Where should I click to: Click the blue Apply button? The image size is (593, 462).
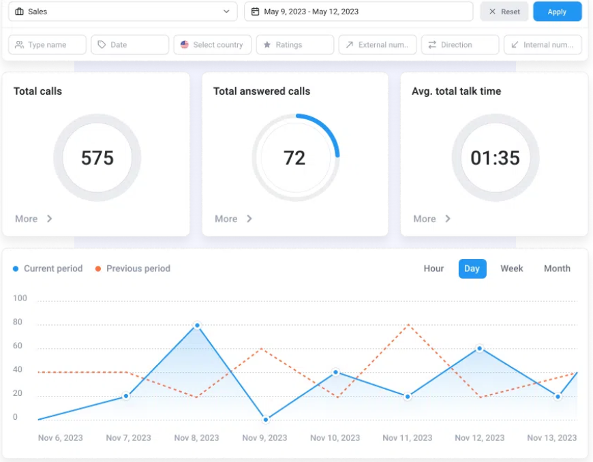[x=557, y=12]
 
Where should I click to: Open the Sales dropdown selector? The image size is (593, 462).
[x=122, y=12]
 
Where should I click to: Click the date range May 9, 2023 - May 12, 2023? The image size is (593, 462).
[x=358, y=12]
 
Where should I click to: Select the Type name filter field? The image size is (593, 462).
[x=47, y=45]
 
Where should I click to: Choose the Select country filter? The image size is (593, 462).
[x=212, y=45]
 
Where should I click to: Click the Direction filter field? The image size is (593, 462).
[x=460, y=45]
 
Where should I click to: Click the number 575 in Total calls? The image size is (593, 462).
[x=97, y=158]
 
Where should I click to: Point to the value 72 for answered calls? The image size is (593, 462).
[x=294, y=158]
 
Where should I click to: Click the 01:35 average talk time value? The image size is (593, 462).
[x=495, y=158]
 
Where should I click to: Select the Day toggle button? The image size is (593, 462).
[x=472, y=268]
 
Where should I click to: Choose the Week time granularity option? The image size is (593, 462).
[x=511, y=268]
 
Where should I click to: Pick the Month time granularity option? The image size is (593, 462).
[x=557, y=268]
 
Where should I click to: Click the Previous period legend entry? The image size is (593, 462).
[x=138, y=268]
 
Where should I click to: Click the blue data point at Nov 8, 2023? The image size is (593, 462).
[x=197, y=326]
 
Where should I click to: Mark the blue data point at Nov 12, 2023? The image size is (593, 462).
[x=480, y=348]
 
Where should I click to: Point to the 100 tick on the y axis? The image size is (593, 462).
[x=20, y=298]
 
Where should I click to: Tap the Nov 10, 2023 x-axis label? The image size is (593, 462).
[x=334, y=437]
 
